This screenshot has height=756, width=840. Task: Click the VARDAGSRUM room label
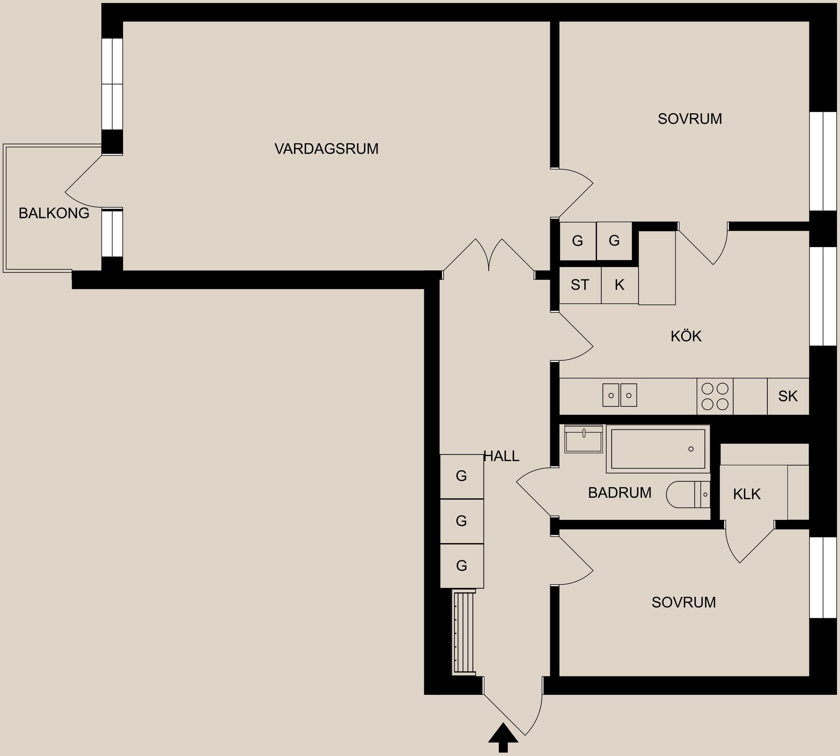pyautogui.click(x=326, y=149)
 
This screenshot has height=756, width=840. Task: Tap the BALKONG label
pyautogui.click(x=54, y=213)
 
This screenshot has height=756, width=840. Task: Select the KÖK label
pyautogui.click(x=686, y=336)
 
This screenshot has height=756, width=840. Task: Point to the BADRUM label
pyautogui.click(x=619, y=493)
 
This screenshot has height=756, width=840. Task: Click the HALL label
pyautogui.click(x=501, y=456)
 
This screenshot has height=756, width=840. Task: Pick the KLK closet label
pyautogui.click(x=747, y=494)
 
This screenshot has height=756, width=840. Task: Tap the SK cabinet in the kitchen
pyautogui.click(x=787, y=396)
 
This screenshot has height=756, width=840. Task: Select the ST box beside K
pyautogui.click(x=580, y=285)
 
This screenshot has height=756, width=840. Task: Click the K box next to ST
pyautogui.click(x=619, y=285)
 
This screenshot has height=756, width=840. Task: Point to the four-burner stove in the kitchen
pyautogui.click(x=715, y=396)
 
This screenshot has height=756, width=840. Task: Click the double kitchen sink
pyautogui.click(x=619, y=395)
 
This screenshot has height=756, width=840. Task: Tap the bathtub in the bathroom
pyautogui.click(x=658, y=449)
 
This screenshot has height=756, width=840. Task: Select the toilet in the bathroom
pyautogui.click(x=687, y=495)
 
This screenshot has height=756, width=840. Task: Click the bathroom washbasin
pyautogui.click(x=584, y=439)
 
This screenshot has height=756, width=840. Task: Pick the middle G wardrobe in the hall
pyautogui.click(x=462, y=521)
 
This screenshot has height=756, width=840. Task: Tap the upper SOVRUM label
pyautogui.click(x=689, y=119)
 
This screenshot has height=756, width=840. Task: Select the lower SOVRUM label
pyautogui.click(x=683, y=603)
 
